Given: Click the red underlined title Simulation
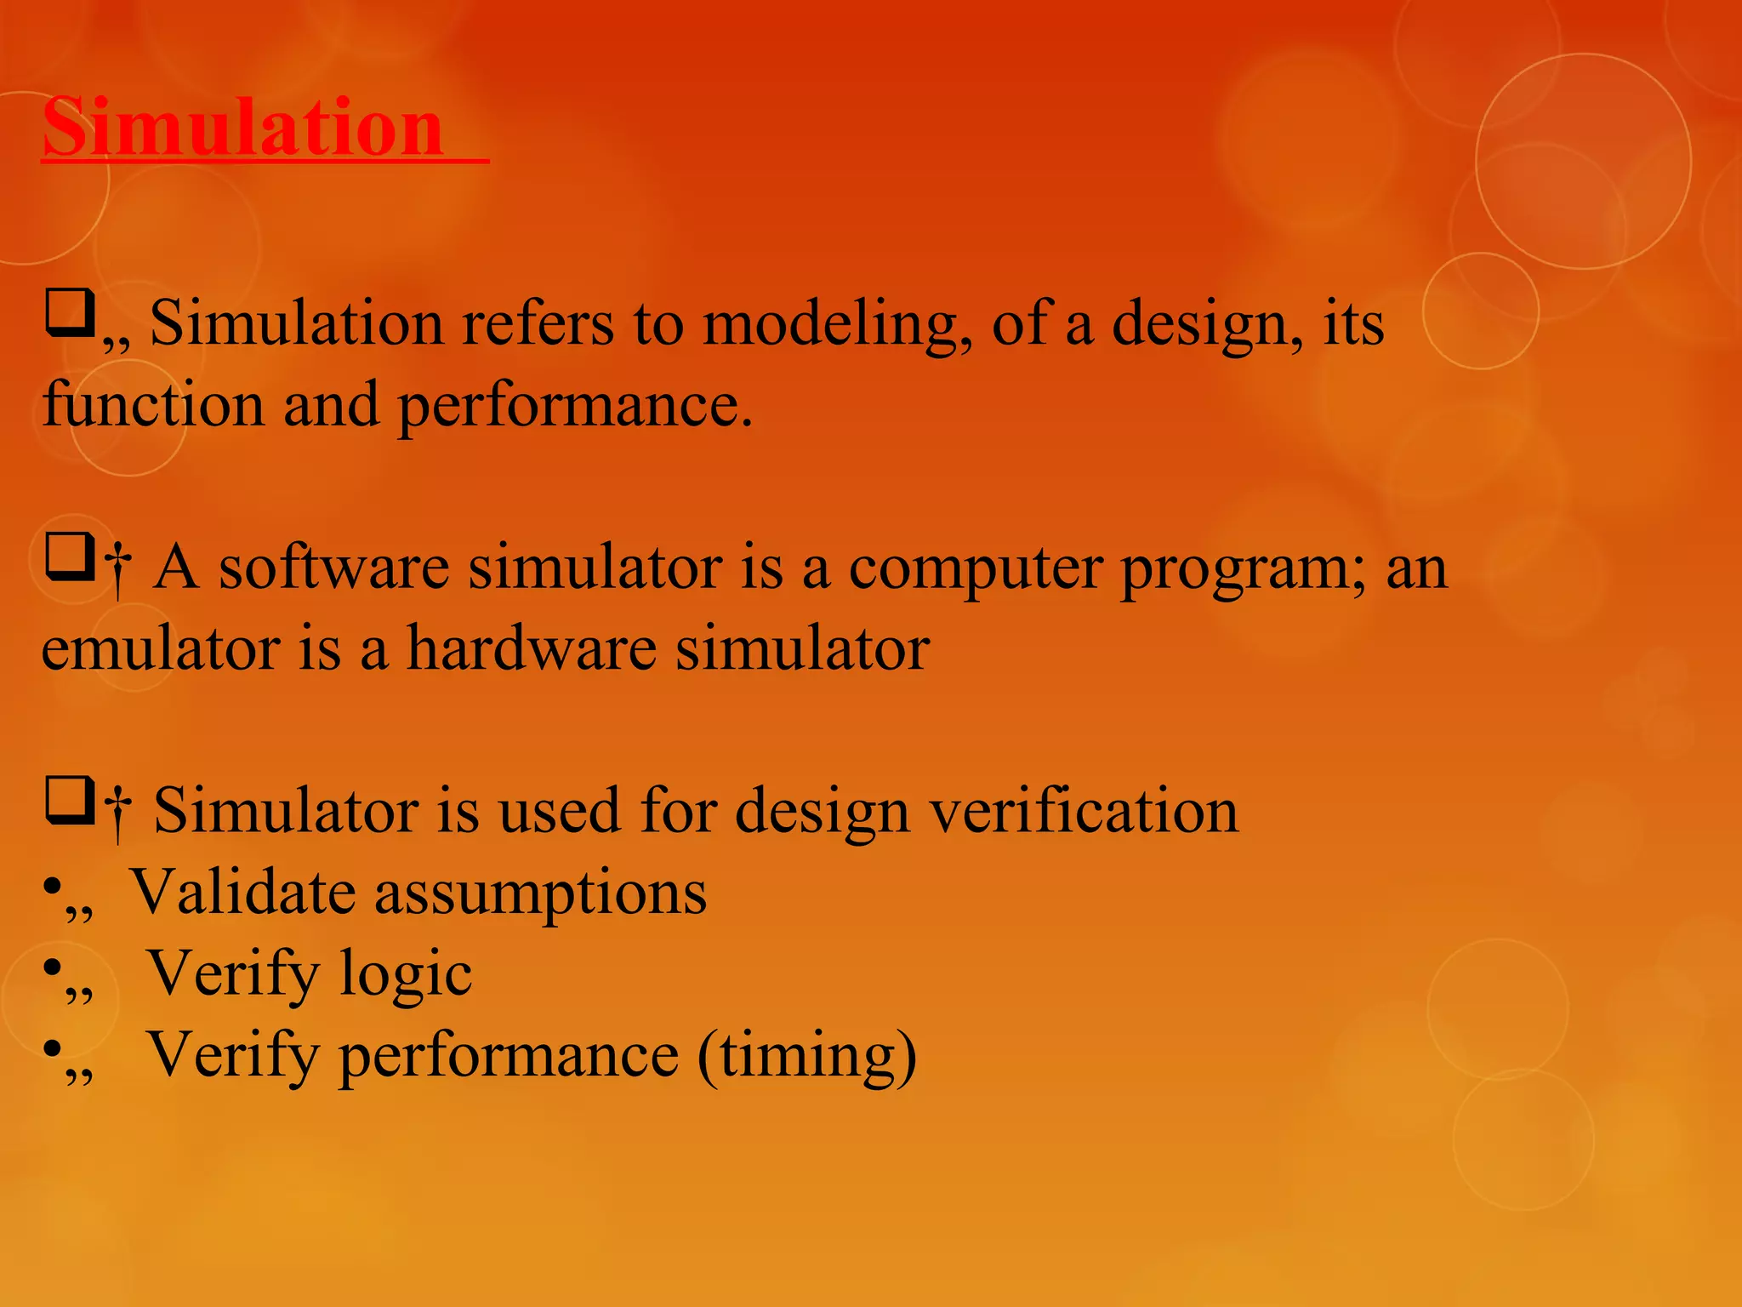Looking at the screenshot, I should (243, 128).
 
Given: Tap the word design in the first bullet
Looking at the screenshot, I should (1207, 325).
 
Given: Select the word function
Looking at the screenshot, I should (153, 404).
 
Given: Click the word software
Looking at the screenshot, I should (333, 568).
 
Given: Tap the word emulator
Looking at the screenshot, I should (161, 649).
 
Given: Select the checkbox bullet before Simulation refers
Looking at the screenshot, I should (68, 314).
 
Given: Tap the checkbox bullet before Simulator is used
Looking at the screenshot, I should (68, 799).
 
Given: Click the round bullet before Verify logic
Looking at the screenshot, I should (53, 968).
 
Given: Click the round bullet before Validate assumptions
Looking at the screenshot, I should (53, 888).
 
